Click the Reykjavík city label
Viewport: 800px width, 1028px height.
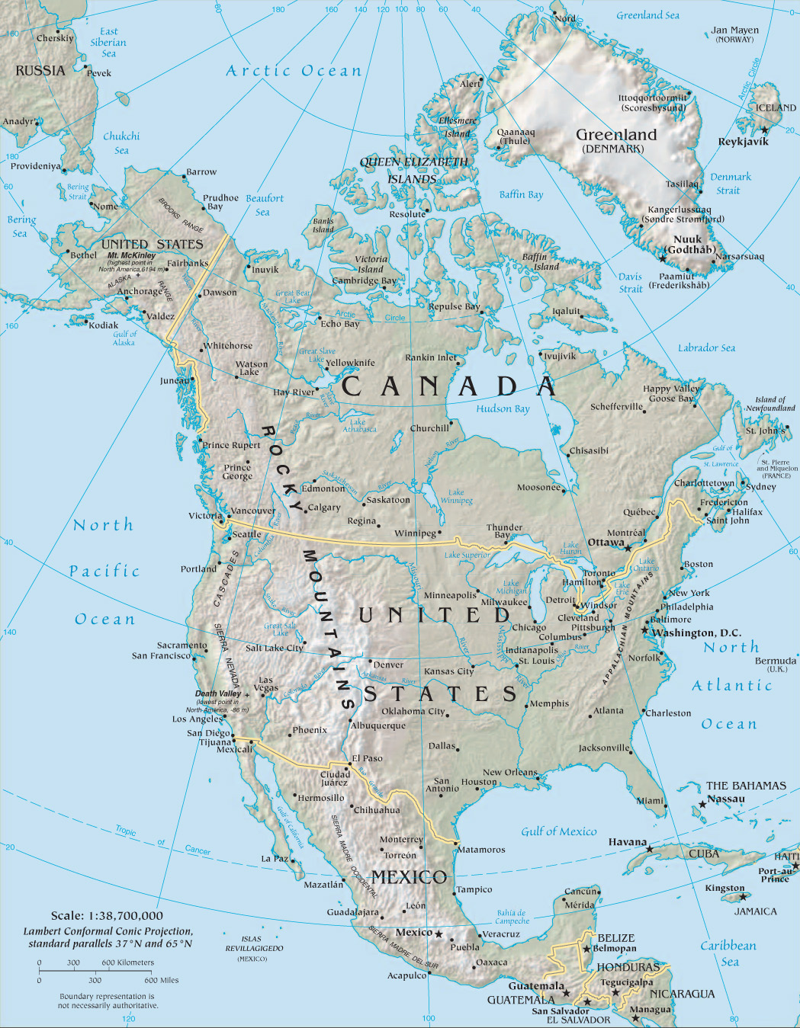(x=743, y=142)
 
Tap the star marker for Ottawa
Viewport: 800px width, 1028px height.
(x=628, y=548)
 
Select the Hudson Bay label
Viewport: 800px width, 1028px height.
(x=503, y=408)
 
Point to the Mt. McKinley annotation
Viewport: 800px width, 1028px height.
(x=131, y=262)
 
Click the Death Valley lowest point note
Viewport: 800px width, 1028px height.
(x=221, y=701)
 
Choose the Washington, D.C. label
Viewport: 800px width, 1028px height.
(x=696, y=632)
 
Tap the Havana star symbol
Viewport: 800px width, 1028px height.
(x=650, y=849)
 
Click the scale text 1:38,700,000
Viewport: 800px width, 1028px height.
(x=107, y=915)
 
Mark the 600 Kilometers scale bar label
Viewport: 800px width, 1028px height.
(x=127, y=962)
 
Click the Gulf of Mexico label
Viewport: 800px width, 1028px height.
(x=559, y=831)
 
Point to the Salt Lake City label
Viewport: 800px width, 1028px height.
(x=275, y=648)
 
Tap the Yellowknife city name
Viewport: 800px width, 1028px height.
(x=351, y=363)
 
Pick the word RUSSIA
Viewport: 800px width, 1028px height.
(x=40, y=71)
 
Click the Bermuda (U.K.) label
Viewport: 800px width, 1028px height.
(x=775, y=664)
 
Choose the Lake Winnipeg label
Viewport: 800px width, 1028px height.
(x=456, y=496)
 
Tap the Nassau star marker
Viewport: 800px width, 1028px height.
(x=702, y=805)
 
